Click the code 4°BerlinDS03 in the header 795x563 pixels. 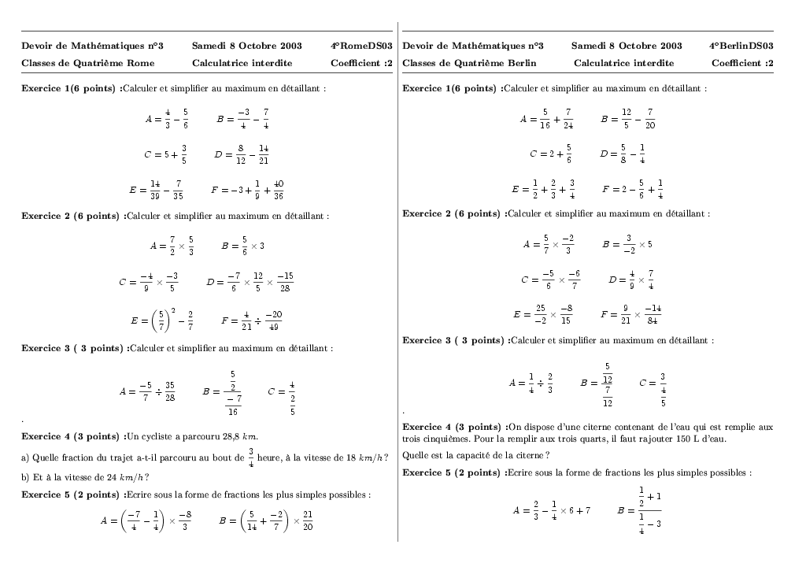741,46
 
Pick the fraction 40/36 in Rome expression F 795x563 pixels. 279,190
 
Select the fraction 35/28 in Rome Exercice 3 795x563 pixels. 170,391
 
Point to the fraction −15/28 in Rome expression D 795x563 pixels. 285,282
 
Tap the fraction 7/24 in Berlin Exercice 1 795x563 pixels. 568,120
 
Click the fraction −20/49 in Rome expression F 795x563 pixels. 273,321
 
